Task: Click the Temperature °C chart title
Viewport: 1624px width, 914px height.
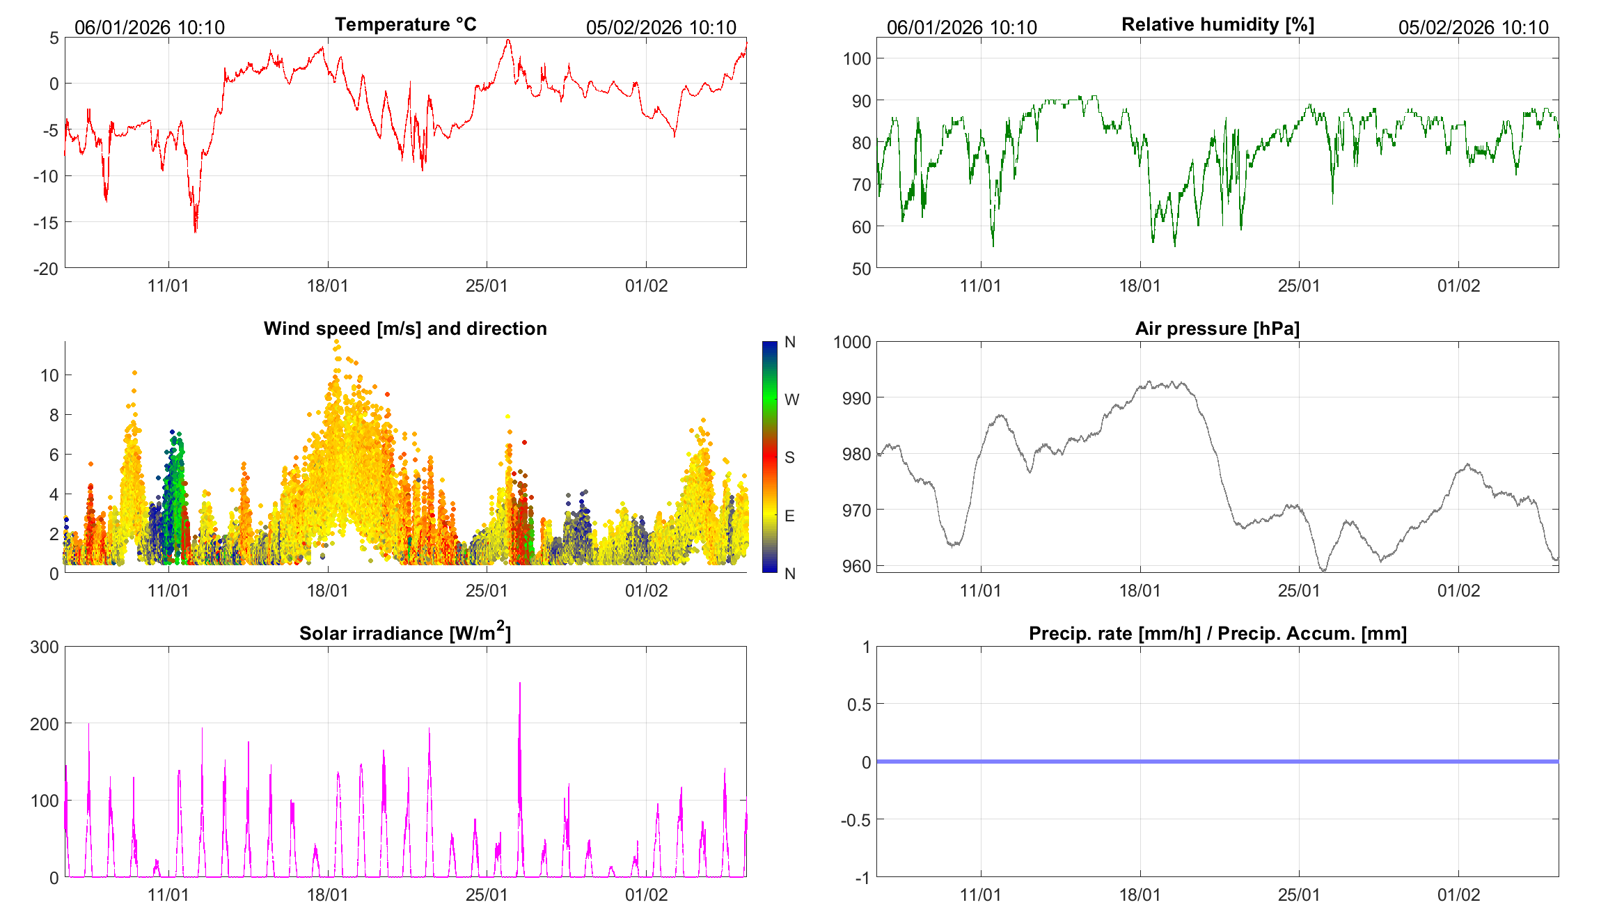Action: pos(405,24)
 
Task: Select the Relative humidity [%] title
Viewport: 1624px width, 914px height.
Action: pos(1217,24)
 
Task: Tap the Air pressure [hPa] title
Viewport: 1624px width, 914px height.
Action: pos(1217,329)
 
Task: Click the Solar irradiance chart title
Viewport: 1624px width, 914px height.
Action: pos(405,633)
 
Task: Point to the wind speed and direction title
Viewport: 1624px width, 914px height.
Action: pos(405,329)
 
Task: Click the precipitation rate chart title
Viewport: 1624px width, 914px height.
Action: pos(1217,633)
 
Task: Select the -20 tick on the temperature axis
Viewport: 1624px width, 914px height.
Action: pos(46,269)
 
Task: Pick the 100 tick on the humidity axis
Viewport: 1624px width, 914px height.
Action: pos(857,58)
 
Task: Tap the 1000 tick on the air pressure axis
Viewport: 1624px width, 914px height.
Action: pos(852,342)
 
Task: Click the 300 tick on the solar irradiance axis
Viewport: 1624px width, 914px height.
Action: pos(45,647)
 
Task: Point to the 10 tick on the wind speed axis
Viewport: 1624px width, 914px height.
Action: pos(49,375)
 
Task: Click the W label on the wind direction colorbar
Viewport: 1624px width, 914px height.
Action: pos(791,400)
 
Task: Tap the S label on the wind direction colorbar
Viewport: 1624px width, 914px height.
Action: pos(789,457)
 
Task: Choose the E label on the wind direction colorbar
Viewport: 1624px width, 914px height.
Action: pos(789,516)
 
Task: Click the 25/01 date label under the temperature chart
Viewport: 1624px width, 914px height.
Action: pos(487,286)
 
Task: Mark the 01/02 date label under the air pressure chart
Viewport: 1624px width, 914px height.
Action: pos(1458,591)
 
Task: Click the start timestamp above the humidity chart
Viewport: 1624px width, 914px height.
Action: pos(961,27)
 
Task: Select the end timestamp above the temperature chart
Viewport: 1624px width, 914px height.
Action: pos(661,27)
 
